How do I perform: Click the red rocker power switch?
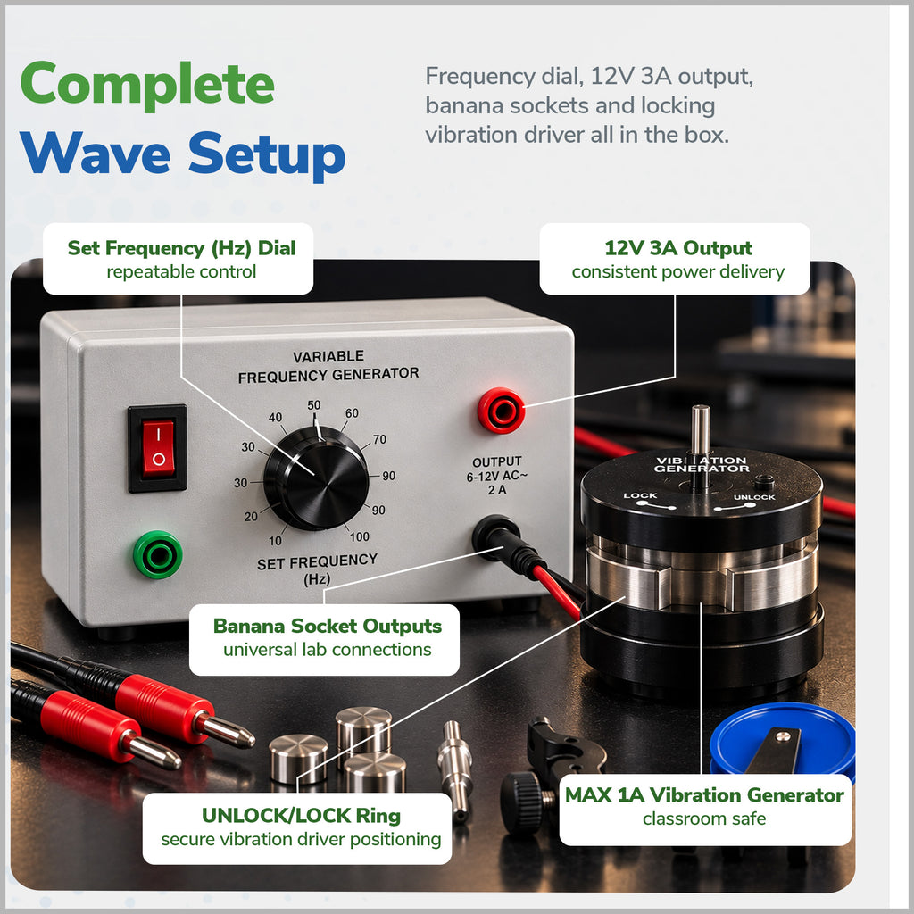coord(158,448)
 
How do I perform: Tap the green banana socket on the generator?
coord(157,554)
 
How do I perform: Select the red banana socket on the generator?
coord(501,411)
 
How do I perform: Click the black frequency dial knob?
coord(316,478)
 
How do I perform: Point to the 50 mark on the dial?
coord(313,405)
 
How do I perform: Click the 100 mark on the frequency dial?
coord(359,536)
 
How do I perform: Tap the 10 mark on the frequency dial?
coord(275,540)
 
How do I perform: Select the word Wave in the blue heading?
coord(95,152)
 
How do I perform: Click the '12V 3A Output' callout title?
coord(678,248)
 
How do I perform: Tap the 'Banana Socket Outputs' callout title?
coord(327,626)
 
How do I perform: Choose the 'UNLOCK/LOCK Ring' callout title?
coord(301,816)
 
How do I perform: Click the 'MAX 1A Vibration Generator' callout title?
coord(704,795)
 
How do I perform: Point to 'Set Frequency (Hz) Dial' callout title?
coord(181,248)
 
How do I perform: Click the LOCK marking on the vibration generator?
coord(640,496)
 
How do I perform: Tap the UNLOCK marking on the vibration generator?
coord(754,497)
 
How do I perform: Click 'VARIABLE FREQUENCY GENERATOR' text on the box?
coord(328,366)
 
